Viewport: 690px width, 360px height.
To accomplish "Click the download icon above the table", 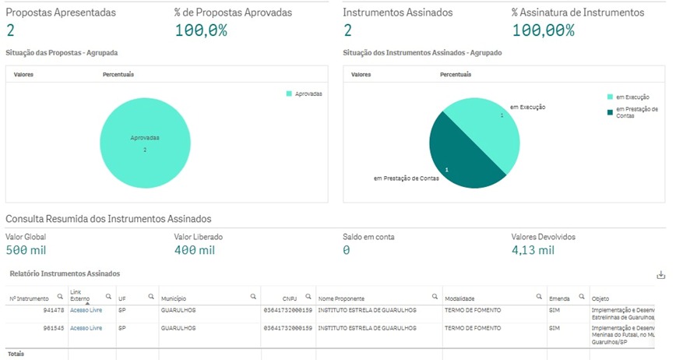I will [x=661, y=275].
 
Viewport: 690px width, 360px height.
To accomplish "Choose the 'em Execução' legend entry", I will [x=627, y=97].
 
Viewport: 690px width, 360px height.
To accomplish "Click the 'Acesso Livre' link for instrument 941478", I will [x=86, y=310].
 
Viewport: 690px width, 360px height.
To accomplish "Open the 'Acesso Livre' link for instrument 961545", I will [x=86, y=328].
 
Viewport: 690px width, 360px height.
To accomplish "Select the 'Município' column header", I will [x=174, y=298].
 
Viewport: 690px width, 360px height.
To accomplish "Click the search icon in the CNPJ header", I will [x=308, y=297].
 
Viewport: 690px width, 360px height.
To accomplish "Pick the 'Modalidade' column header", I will [x=459, y=298].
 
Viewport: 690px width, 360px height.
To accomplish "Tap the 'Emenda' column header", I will [x=559, y=298].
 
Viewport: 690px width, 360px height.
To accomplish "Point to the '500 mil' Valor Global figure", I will [x=26, y=250].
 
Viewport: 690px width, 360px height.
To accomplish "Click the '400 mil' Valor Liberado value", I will [x=195, y=250].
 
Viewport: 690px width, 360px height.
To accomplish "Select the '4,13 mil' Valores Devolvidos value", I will [x=533, y=250].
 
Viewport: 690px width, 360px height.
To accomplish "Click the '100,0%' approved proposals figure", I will [x=200, y=30].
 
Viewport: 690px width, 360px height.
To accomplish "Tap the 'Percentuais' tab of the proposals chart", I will [x=118, y=75].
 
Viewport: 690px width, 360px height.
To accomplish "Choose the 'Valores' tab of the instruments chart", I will [x=361, y=75].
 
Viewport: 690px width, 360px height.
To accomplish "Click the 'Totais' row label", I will [x=16, y=354].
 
